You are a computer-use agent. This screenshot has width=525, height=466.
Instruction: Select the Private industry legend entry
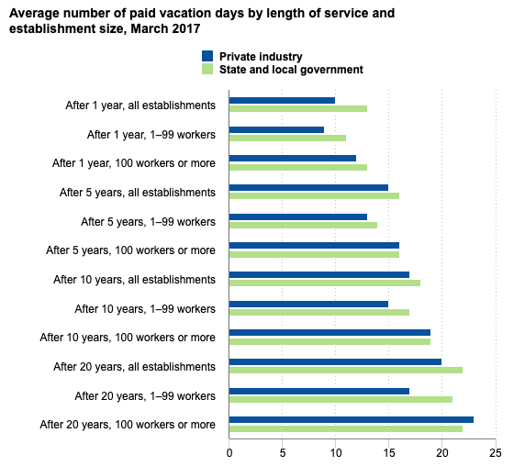tap(261, 57)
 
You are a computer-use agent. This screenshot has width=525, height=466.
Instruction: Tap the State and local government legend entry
tap(291, 70)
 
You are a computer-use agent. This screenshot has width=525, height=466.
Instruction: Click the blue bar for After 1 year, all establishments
tap(282, 100)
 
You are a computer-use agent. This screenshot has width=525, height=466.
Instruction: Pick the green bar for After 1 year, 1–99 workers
tap(287, 139)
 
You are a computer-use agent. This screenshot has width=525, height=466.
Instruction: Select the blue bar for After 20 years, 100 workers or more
tap(351, 419)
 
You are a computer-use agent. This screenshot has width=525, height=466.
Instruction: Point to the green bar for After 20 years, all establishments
tap(345, 370)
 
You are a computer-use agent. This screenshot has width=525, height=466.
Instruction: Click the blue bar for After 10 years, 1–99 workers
tap(308, 303)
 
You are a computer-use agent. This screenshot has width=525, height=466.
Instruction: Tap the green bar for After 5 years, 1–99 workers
tap(303, 225)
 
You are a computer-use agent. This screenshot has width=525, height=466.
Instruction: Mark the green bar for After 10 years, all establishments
tap(324, 283)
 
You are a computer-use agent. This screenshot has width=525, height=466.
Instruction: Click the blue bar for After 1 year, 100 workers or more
tap(292, 158)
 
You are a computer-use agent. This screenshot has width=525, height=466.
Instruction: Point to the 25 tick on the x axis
tap(496, 451)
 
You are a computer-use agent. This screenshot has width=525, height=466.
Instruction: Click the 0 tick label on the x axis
tap(229, 451)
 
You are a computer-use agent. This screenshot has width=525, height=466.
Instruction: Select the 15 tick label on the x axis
tap(388, 451)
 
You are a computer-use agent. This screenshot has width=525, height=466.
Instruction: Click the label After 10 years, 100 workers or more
tap(128, 337)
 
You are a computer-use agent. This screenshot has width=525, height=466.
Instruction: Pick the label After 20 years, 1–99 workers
tap(145, 395)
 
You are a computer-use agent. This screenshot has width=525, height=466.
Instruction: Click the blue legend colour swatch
tap(207, 57)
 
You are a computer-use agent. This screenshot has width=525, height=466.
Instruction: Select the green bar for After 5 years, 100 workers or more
tap(314, 254)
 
